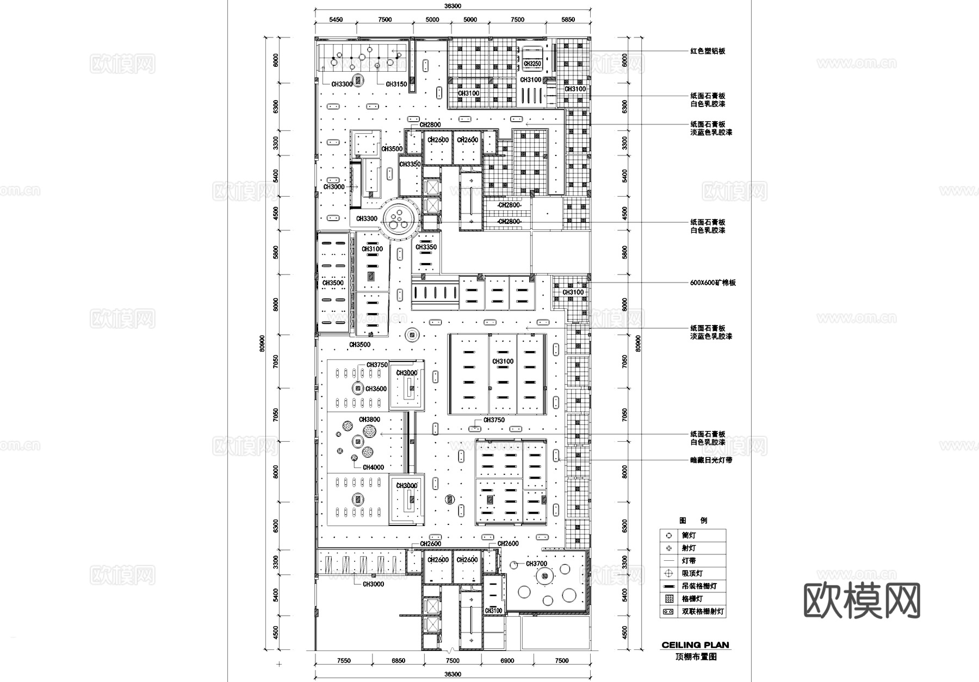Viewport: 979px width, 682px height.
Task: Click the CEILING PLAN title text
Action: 695,645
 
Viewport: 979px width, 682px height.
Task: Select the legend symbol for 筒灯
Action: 668,535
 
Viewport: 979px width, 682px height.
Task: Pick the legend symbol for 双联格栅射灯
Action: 668,611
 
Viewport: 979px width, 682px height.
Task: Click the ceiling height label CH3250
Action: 532,64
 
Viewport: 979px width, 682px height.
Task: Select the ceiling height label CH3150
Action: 396,84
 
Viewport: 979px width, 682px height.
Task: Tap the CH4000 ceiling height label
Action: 373,467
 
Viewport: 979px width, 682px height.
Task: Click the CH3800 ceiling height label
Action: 369,420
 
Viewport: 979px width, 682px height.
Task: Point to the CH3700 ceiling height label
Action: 536,564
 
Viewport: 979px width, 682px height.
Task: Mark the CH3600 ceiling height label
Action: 376,389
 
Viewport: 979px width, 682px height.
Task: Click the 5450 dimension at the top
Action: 336,20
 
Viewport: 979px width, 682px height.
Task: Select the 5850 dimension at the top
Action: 568,20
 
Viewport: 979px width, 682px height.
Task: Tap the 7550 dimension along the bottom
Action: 344,661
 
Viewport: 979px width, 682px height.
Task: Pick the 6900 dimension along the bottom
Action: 506,661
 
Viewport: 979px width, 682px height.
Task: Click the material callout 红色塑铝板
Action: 708,51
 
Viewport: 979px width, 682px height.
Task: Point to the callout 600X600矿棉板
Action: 713,283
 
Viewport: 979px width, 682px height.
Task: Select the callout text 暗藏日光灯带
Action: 711,460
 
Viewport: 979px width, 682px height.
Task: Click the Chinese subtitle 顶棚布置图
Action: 696,656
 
